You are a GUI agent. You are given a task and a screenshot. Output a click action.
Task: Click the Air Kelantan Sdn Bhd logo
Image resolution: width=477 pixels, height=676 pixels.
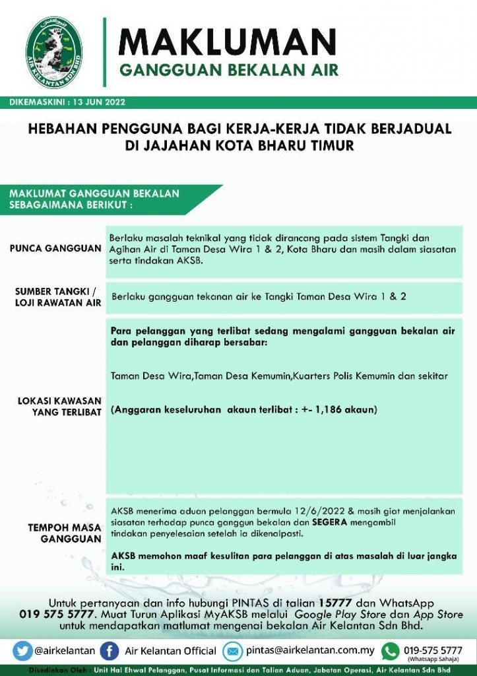coord(54,50)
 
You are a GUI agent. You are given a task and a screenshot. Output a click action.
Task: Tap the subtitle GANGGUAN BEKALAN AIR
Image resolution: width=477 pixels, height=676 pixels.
coord(228,70)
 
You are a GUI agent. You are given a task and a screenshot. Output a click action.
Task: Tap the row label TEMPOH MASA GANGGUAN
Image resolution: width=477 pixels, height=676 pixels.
coord(64,533)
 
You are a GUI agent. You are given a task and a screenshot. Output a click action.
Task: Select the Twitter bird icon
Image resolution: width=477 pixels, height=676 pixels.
coord(23,650)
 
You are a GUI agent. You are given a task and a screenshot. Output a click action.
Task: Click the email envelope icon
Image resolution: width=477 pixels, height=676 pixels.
coord(233,650)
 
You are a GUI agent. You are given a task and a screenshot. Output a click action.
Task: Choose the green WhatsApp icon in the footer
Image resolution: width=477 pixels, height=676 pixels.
coord(391,650)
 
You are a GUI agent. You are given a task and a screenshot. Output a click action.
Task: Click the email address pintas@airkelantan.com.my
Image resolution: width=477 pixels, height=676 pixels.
coord(310,650)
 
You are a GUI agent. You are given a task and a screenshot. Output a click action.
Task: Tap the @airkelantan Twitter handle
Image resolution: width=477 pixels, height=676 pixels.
coord(64,650)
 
